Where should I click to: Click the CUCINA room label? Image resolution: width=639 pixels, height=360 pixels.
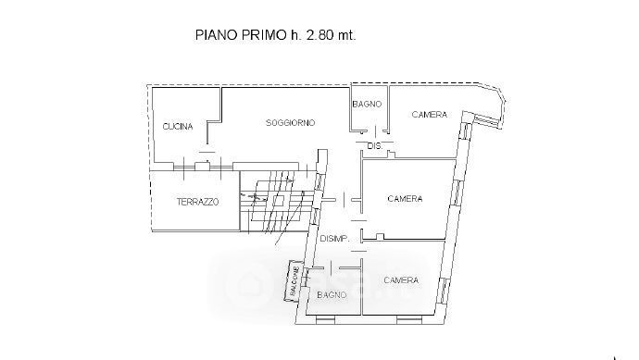[178, 127]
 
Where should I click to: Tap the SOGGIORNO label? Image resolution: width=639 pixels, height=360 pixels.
[290, 122]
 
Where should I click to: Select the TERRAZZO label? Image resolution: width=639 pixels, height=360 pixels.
[197, 202]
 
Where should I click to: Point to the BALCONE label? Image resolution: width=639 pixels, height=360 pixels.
[294, 281]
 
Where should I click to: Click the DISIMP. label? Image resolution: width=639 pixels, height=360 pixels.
[334, 239]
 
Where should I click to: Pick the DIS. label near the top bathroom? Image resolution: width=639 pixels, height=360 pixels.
[375, 146]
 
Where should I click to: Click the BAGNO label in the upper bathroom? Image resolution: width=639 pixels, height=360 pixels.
[367, 105]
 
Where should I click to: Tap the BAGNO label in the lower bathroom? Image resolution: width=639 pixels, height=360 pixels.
[332, 294]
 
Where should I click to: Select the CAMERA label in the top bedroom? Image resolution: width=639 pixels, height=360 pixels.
[429, 115]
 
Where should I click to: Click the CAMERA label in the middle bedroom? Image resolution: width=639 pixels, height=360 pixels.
[405, 199]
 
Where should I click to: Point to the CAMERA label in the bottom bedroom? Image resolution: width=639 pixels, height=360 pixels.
[401, 280]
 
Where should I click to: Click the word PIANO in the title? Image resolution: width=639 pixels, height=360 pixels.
[217, 34]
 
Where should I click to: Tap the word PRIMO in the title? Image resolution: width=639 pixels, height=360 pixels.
[264, 34]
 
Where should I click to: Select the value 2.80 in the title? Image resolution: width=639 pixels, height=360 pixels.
[319, 34]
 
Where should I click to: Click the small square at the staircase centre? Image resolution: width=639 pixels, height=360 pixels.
[278, 201]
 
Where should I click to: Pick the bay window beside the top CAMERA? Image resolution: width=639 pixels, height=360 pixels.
[486, 120]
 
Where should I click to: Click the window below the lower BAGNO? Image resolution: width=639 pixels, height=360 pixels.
[325, 320]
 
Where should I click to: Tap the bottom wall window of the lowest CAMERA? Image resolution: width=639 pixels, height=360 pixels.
[409, 320]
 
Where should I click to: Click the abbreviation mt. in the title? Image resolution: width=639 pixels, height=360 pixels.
[346, 35]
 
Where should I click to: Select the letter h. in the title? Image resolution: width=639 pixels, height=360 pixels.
[295, 34]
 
